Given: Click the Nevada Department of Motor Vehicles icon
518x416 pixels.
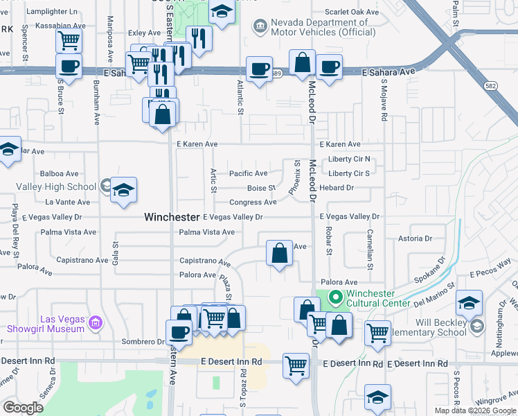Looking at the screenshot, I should [260, 26].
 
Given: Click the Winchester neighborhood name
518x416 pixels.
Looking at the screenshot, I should [172, 217].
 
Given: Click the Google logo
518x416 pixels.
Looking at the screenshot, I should [24, 408].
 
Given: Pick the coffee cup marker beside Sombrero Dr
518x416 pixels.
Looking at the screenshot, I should [179, 331].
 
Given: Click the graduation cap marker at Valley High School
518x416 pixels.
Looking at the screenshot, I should [123, 190].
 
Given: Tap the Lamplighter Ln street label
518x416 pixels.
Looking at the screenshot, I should [53, 12].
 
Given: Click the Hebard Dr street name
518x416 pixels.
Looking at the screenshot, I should [337, 188].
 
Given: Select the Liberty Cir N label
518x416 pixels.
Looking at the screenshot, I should [350, 159].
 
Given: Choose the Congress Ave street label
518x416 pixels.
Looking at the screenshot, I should [253, 202].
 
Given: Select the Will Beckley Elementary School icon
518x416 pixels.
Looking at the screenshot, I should [476, 326].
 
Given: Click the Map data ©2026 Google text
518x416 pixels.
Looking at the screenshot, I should [475, 410].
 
